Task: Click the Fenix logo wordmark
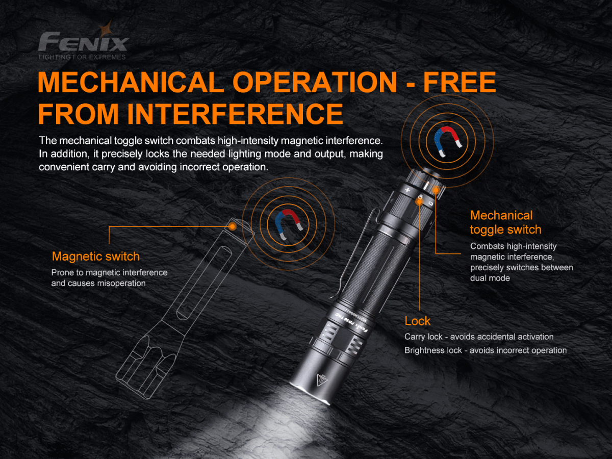coord(83,41)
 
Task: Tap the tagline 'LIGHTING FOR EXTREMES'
coord(82,57)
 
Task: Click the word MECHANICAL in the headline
coord(131,82)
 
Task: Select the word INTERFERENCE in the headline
coord(235,114)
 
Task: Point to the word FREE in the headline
coord(460,82)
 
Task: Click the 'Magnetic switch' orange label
coord(96,257)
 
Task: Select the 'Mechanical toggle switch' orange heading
coord(505,222)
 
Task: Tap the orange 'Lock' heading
coord(417,321)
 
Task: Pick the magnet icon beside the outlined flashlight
coord(289,224)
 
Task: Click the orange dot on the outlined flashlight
coord(232,226)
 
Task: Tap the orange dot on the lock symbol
coord(419,202)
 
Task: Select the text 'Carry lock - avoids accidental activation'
coord(479,337)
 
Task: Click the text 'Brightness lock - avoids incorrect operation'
coord(486,350)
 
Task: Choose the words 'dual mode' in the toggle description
coord(490,278)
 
